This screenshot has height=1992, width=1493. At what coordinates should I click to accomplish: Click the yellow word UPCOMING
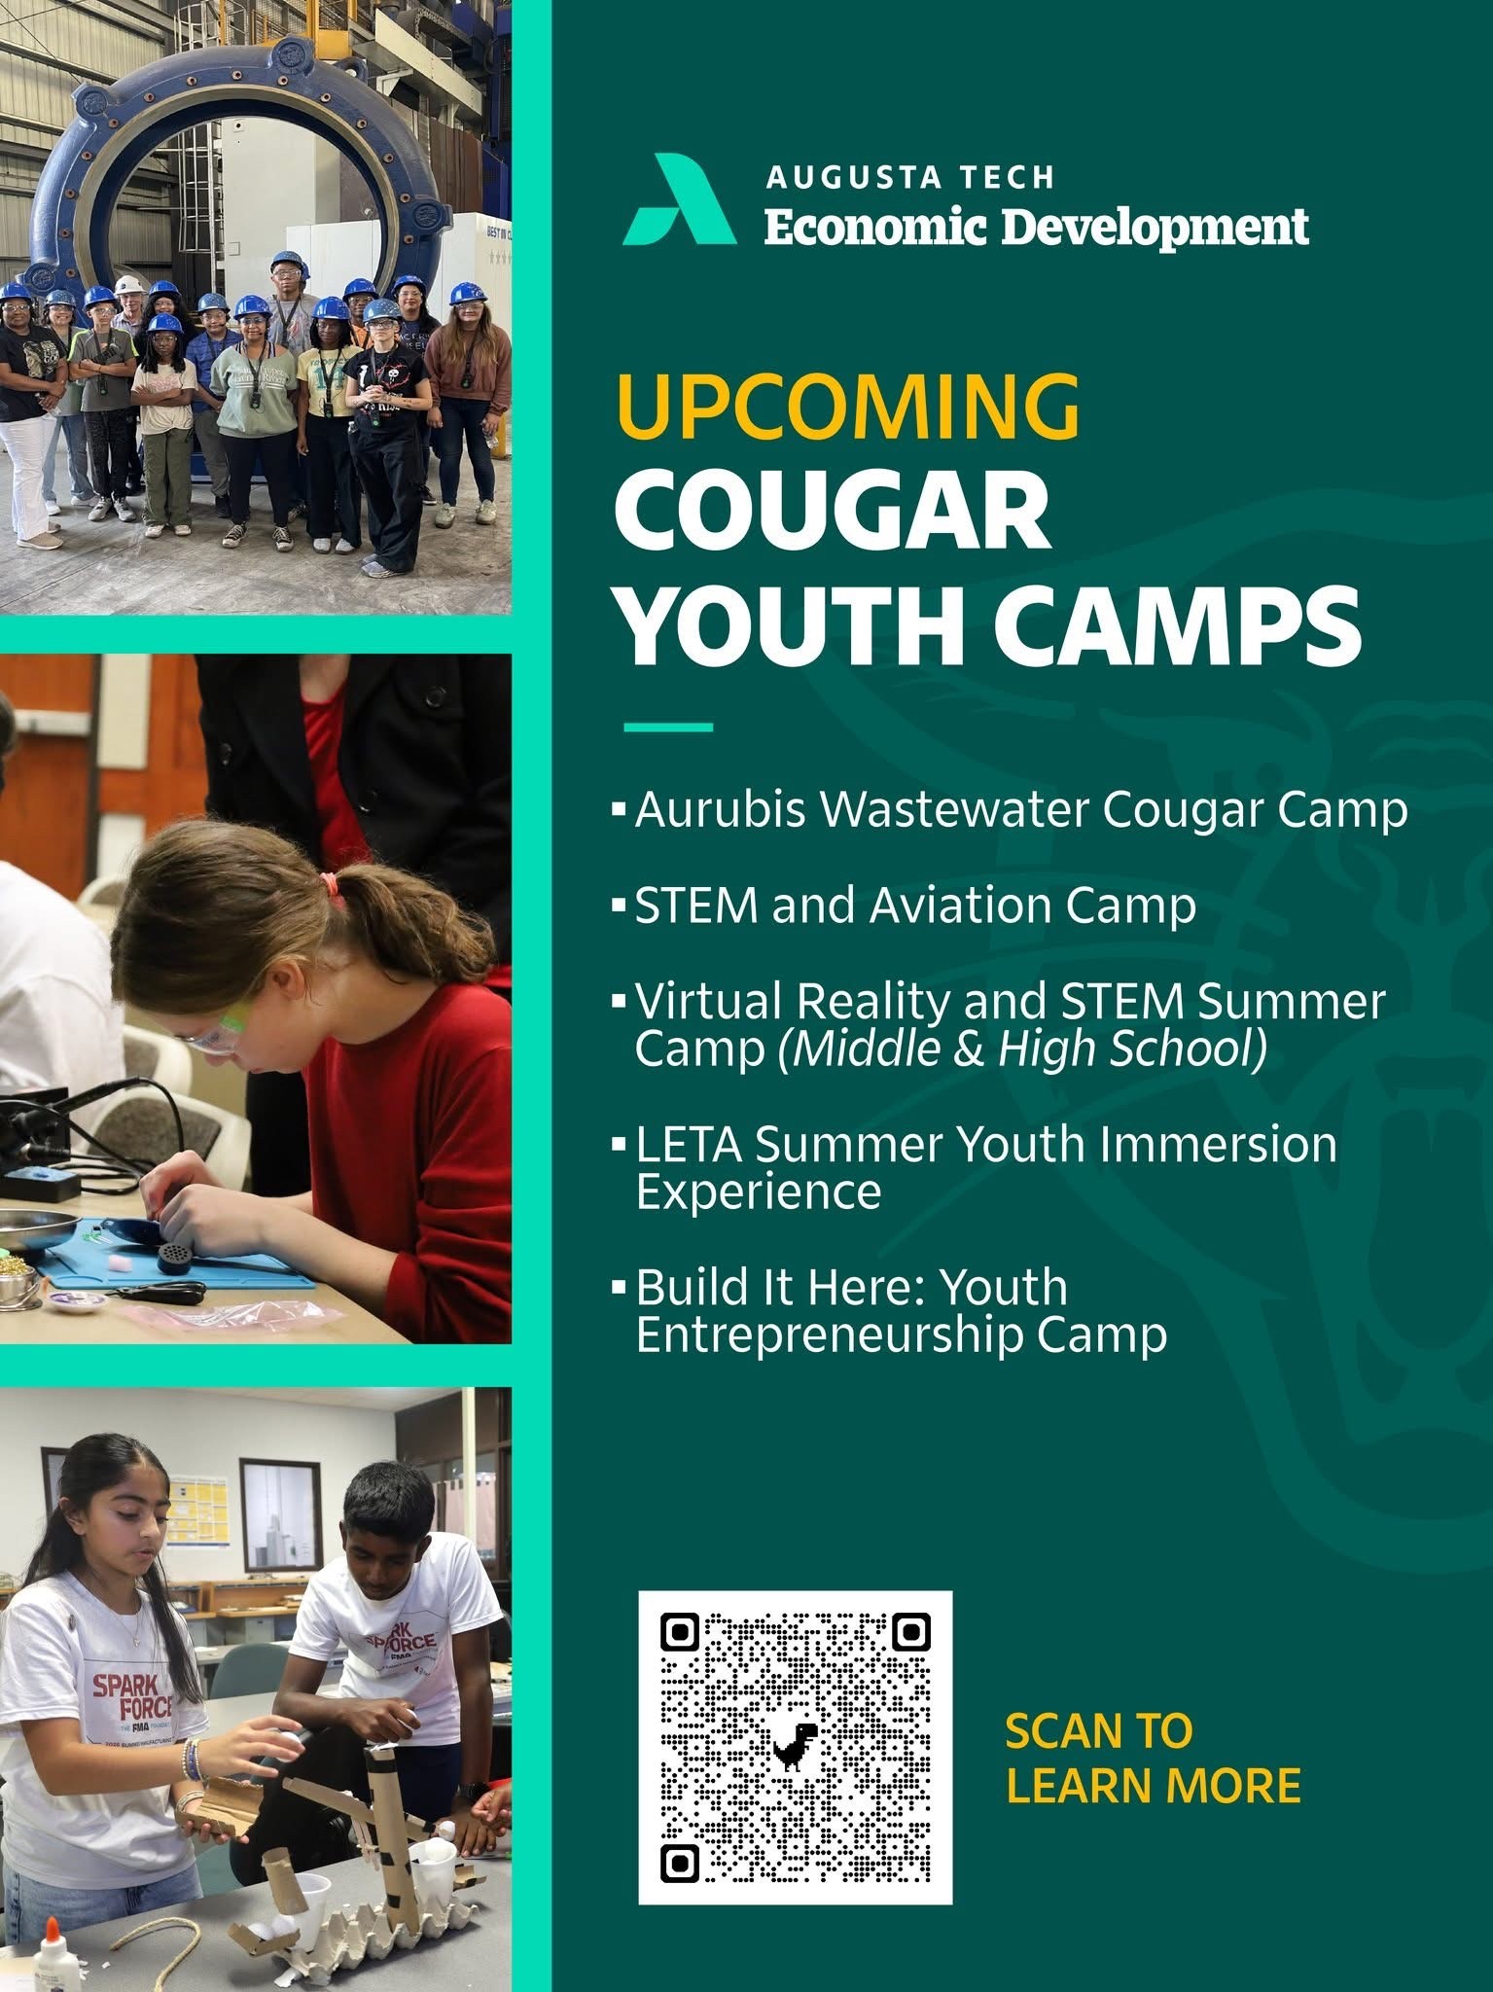click(x=848, y=407)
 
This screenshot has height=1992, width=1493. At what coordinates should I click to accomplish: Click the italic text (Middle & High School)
click(x=1022, y=1049)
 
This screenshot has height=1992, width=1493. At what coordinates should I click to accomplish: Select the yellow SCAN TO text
click(x=1098, y=1730)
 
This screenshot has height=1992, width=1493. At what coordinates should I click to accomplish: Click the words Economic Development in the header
click(x=1036, y=228)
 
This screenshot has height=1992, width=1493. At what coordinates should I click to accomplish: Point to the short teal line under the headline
click(x=667, y=727)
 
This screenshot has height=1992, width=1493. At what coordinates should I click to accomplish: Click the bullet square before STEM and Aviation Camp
click(x=619, y=907)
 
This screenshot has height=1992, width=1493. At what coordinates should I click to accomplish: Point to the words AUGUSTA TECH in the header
click(x=910, y=177)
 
